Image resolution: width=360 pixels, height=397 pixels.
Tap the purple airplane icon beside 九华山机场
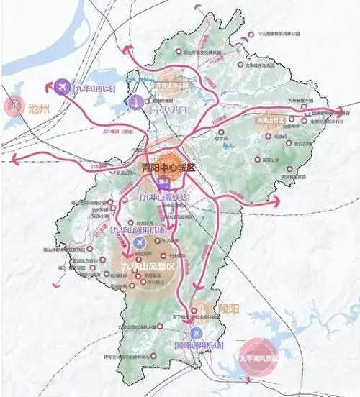point(62,87)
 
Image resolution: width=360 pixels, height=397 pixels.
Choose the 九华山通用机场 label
point(137,230)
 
